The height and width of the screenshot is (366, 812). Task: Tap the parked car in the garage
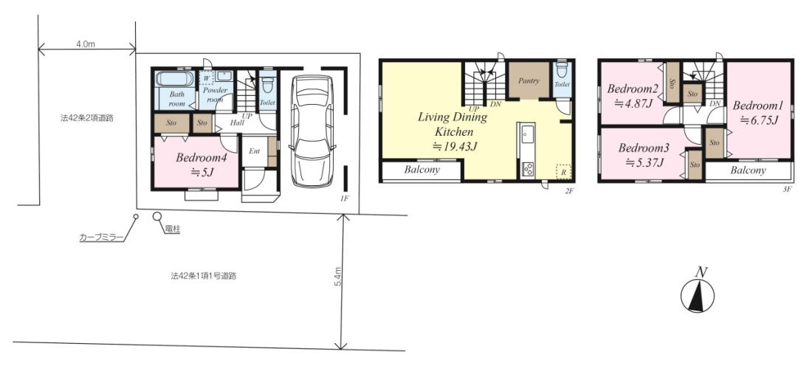(312, 131)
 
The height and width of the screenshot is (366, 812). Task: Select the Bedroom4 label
(196, 157)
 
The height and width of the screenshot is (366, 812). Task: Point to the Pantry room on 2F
(529, 80)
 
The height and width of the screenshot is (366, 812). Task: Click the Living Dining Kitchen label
(453, 124)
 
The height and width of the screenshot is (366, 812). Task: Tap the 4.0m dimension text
(86, 44)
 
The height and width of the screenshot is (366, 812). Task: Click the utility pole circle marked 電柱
(157, 216)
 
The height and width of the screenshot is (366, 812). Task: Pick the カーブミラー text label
(102, 238)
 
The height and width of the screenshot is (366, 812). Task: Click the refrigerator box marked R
(563, 171)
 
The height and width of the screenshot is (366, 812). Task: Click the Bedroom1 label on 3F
(757, 106)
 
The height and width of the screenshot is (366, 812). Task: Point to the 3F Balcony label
(749, 170)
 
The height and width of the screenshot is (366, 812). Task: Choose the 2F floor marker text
(570, 191)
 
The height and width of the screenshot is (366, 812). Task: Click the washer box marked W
(206, 77)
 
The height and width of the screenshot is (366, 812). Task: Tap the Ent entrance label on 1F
(254, 151)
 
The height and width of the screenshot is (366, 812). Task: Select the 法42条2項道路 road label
(86, 119)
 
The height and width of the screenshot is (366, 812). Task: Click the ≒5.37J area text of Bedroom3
(644, 162)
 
